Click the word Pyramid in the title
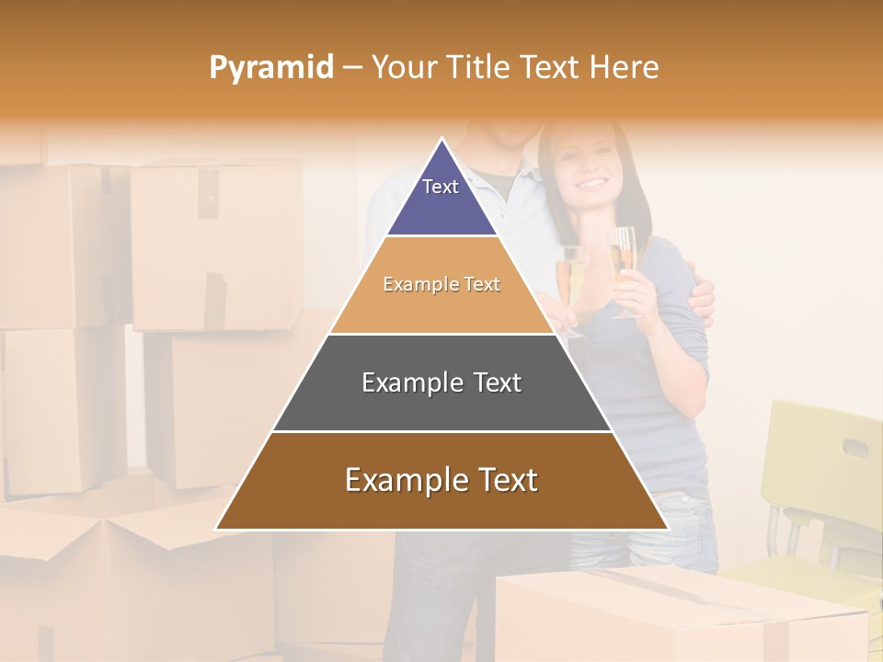click(x=271, y=68)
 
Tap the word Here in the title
click(x=624, y=67)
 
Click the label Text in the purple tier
click(x=440, y=187)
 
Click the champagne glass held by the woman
click(x=624, y=262)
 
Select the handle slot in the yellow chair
click(x=854, y=449)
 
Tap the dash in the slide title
click(x=352, y=68)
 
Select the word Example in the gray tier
click(x=407, y=382)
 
